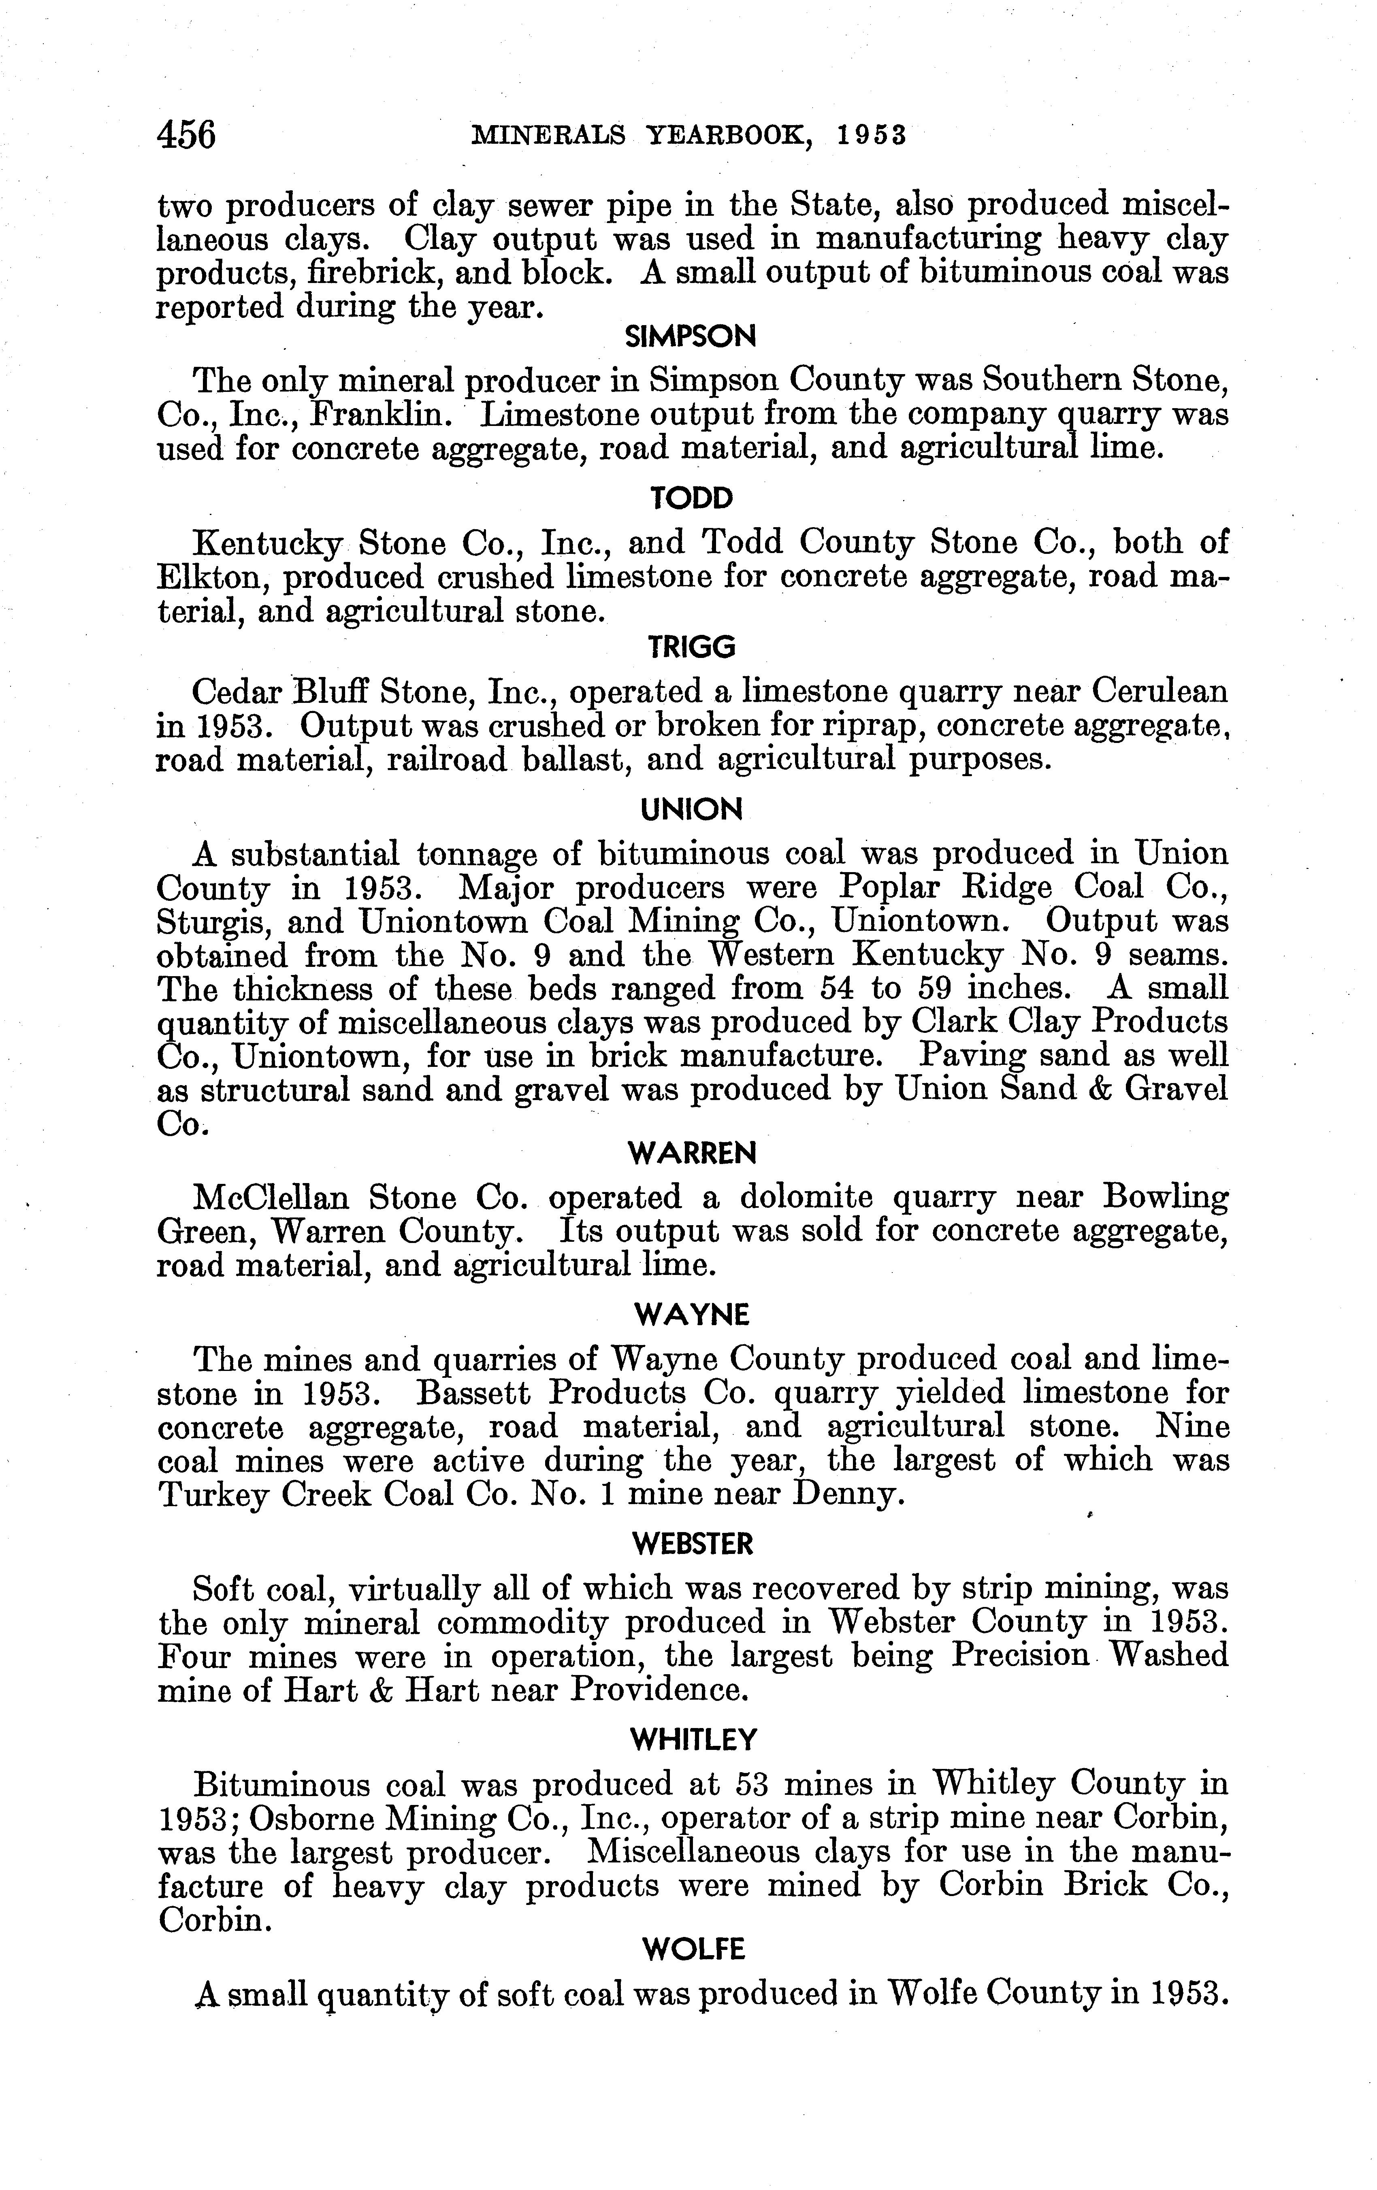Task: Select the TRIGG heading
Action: coord(691,647)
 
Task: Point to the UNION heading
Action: coord(691,809)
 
